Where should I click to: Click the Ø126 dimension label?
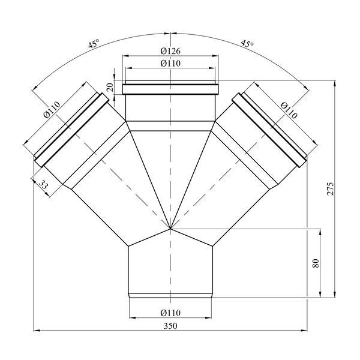(170, 51)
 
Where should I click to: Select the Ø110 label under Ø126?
(170, 63)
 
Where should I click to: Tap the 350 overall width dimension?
(170, 326)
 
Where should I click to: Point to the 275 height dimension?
(329, 189)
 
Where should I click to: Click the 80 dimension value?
(316, 263)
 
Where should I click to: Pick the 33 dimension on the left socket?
(43, 184)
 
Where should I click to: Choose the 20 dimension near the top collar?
(110, 87)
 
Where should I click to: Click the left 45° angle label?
(94, 43)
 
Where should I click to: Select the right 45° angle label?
(247, 43)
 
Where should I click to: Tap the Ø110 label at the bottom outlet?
(170, 313)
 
